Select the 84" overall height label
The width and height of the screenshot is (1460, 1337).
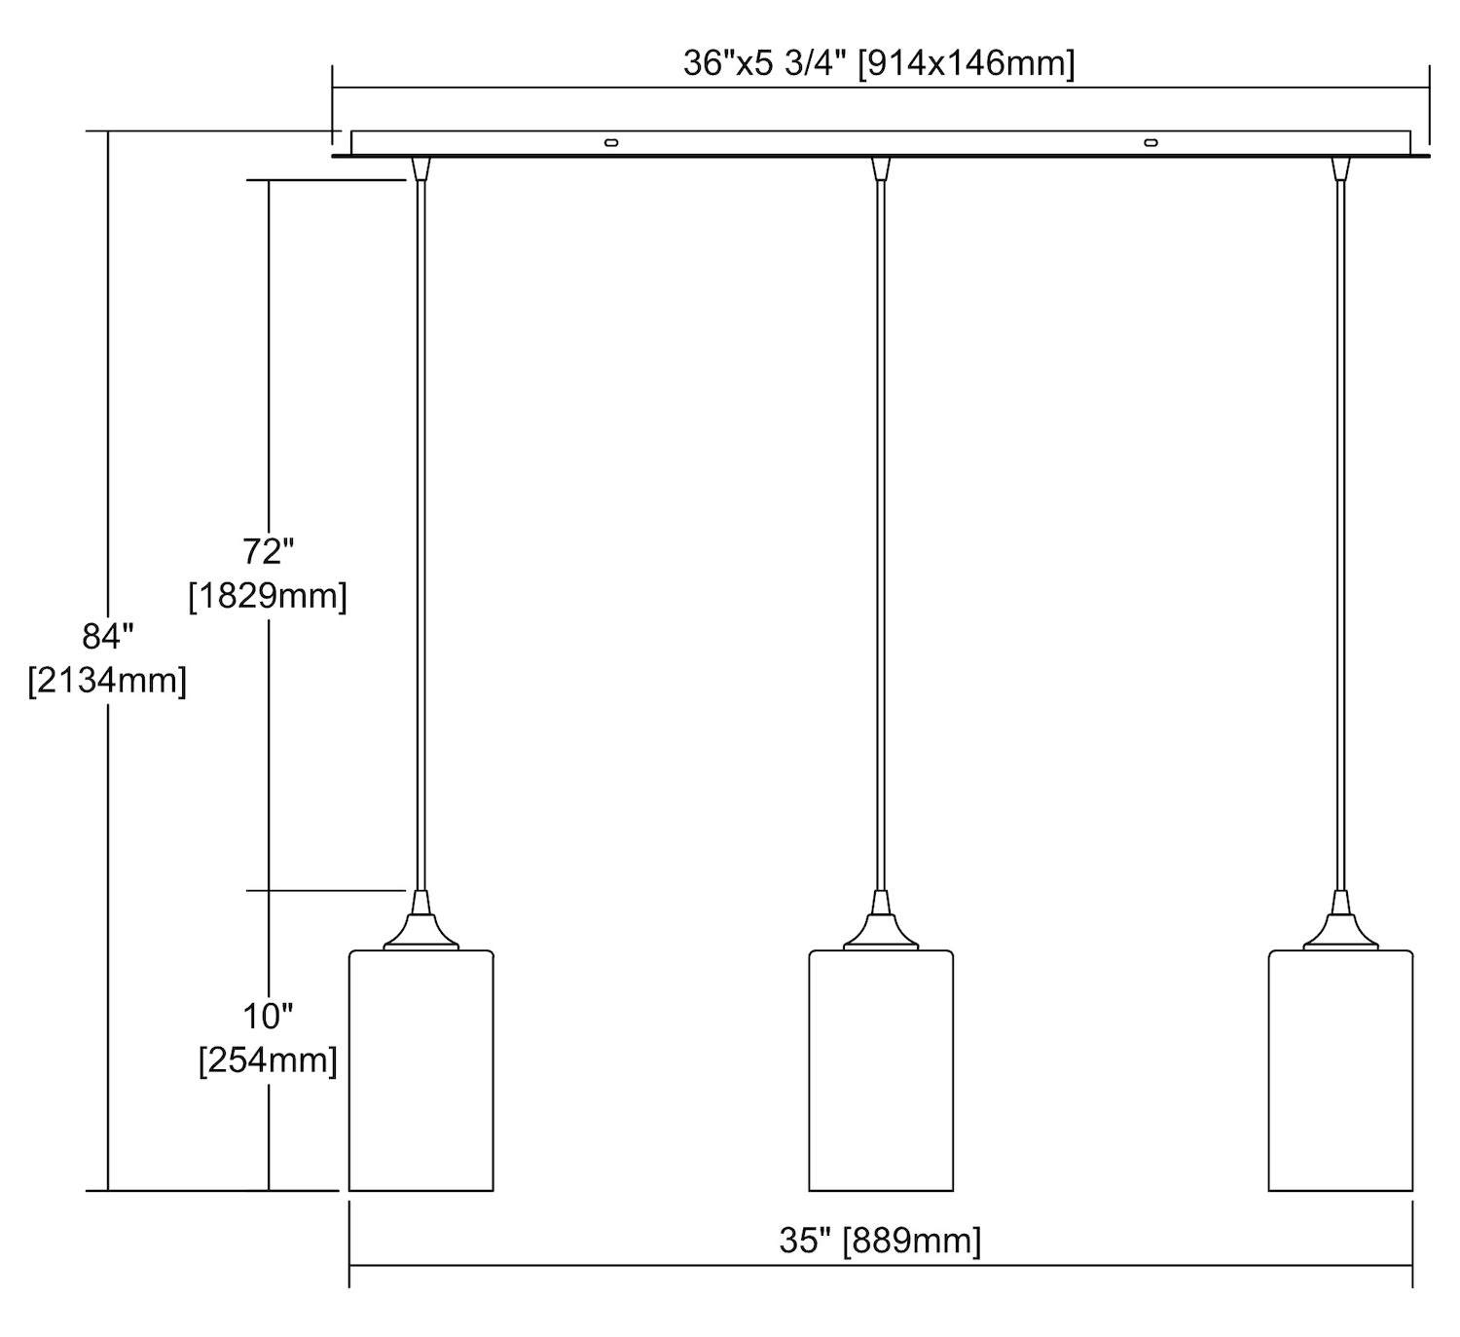click(x=108, y=637)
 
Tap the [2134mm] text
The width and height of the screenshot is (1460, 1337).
click(x=108, y=681)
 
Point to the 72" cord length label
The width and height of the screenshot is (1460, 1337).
click(x=268, y=552)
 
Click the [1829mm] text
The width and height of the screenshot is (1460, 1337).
click(x=268, y=596)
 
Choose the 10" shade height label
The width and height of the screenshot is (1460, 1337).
click(x=268, y=1016)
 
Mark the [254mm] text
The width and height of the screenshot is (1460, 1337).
click(x=268, y=1060)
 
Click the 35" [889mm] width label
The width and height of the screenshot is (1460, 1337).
click(x=880, y=1241)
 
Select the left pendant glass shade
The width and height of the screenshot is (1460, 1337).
click(x=421, y=1070)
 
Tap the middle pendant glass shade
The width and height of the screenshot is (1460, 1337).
click(x=881, y=1070)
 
